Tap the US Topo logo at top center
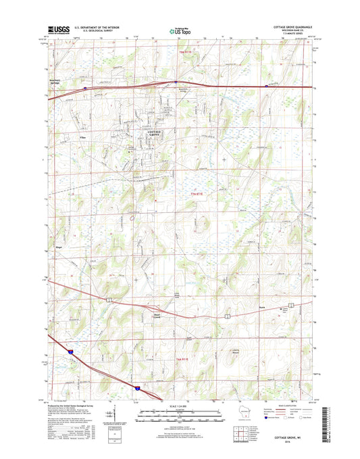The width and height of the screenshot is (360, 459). tap(179, 30)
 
